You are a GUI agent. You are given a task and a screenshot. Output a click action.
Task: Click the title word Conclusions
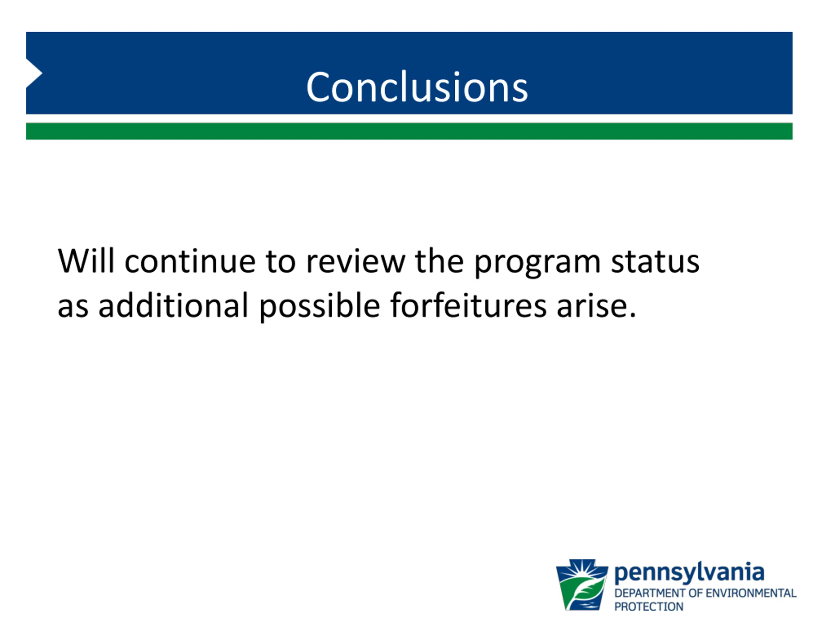point(417,87)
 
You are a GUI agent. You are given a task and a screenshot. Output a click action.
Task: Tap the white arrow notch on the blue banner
point(33,73)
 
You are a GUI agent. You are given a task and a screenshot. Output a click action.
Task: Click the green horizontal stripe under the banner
point(409,131)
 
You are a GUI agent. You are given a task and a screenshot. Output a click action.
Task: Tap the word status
point(655,261)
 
